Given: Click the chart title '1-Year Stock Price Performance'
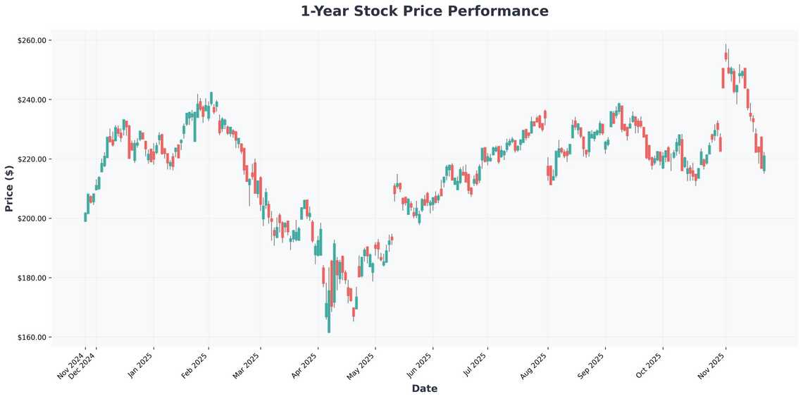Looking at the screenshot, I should click(x=424, y=11).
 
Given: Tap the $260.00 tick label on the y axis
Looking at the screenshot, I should click(x=32, y=41).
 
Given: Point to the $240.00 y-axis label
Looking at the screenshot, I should click(x=32, y=100).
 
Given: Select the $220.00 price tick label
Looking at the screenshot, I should click(x=32, y=159).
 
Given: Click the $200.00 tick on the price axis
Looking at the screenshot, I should click(x=32, y=219).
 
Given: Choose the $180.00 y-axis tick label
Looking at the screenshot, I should click(x=32, y=278).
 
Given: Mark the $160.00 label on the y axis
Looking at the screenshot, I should click(x=32, y=337).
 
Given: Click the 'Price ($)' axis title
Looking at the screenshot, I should click(x=9, y=189).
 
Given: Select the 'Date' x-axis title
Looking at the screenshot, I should click(x=424, y=388).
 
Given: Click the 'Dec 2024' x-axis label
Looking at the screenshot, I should click(x=83, y=365).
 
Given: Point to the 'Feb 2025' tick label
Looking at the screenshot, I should click(x=195, y=365).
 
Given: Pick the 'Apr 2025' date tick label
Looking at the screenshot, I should click(x=304, y=365).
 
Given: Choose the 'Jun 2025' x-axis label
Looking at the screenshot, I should click(x=420, y=365).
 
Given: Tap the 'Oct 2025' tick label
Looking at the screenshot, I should click(x=649, y=365).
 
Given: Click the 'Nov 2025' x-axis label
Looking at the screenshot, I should click(x=713, y=365).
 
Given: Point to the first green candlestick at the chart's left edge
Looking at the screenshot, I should click(x=85, y=217).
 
